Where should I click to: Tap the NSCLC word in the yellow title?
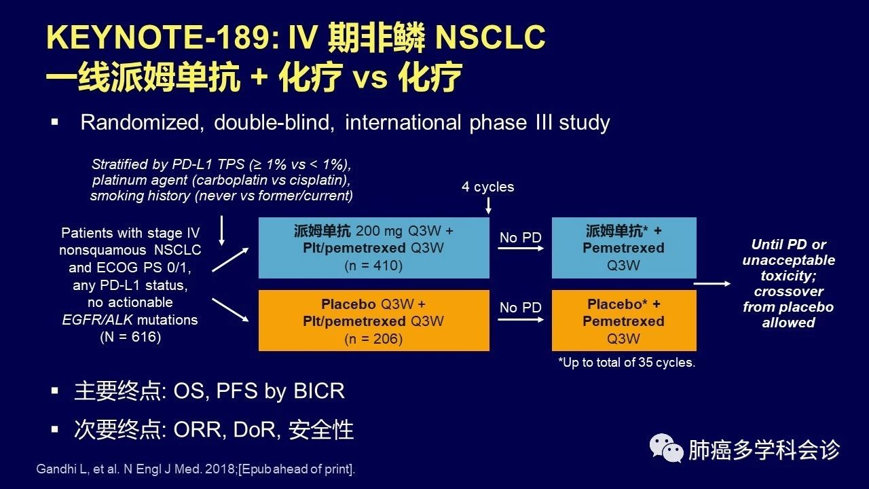tap(490, 37)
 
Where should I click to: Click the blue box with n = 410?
tap(374, 248)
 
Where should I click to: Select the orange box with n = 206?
tap(374, 321)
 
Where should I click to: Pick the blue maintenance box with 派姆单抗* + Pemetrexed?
tap(624, 248)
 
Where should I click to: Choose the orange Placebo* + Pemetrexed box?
tap(624, 321)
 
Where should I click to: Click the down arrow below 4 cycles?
tap(488, 206)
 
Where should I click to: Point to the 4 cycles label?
tap(487, 187)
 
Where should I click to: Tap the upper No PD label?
tap(520, 238)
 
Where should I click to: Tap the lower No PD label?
tap(520, 308)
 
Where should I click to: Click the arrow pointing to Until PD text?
tap(712, 284)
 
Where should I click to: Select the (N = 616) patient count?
tap(130, 337)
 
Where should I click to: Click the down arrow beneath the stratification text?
tap(221, 231)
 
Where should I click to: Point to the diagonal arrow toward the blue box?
tap(230, 260)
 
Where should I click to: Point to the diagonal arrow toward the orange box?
tap(230, 310)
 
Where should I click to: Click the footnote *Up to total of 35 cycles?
tap(627, 363)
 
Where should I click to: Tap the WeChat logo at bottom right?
tap(667, 448)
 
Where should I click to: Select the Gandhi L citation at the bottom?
tap(196, 469)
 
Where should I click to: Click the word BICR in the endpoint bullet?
tap(319, 391)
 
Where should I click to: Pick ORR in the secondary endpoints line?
tap(198, 430)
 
